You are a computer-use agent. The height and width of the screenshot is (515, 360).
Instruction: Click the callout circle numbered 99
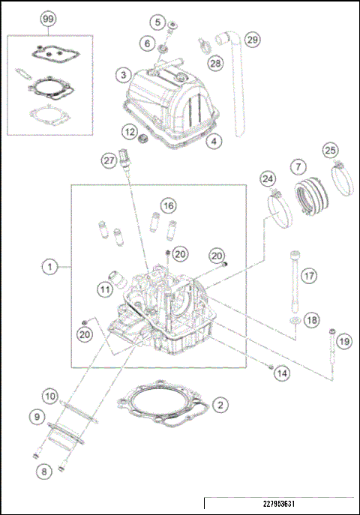[49, 17]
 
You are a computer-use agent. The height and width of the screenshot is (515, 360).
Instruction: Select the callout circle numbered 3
[122, 74]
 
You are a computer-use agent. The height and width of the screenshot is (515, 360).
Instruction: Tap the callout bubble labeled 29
[252, 38]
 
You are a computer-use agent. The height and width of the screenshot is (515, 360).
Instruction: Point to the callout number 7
[298, 165]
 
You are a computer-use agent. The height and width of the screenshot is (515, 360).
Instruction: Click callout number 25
[330, 151]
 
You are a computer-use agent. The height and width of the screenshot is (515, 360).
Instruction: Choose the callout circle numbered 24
[268, 179]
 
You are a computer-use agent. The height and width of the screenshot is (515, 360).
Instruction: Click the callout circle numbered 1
[49, 266]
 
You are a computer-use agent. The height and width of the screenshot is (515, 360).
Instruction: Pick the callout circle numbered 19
[343, 342]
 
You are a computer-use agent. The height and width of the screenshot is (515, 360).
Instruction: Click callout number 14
[281, 373]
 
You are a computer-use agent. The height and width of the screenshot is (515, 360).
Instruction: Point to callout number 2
[219, 406]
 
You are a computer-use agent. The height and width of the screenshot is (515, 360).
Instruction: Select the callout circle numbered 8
[45, 472]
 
